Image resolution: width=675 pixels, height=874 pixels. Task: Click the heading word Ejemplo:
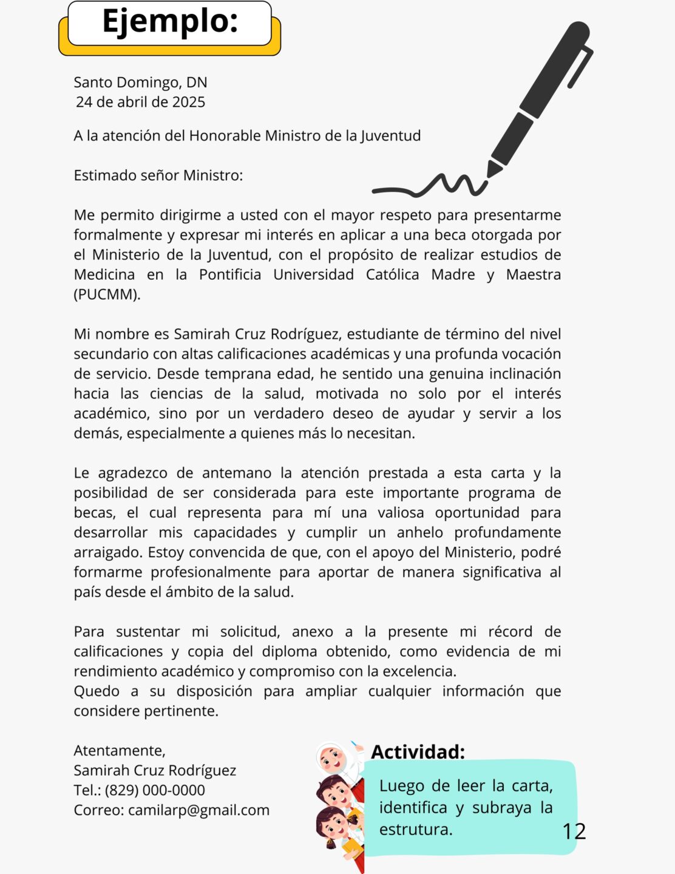tap(169, 22)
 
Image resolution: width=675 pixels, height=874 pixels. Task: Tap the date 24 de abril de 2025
tap(140, 102)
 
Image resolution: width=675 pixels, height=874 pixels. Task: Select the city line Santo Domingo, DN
tap(140, 82)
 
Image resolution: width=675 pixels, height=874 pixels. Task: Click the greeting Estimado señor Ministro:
tap(158, 175)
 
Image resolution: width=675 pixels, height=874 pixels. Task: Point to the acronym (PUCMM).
tap(107, 294)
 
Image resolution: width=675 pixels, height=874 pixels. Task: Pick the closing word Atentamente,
tap(120, 751)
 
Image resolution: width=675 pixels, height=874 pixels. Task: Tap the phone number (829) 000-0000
tap(155, 790)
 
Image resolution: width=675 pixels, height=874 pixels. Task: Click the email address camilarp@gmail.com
tap(198, 810)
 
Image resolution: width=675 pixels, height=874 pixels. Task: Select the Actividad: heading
tap(418, 752)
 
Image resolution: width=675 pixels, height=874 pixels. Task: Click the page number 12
tap(574, 832)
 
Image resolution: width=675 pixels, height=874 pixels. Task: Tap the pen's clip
tap(580, 67)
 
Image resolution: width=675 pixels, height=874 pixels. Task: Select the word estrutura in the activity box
tap(415, 830)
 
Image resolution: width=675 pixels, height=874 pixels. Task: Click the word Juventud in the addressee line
tap(390, 135)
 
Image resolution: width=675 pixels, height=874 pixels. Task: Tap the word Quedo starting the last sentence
tap(97, 691)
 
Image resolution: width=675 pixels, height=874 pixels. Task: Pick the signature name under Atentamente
tap(155, 770)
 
